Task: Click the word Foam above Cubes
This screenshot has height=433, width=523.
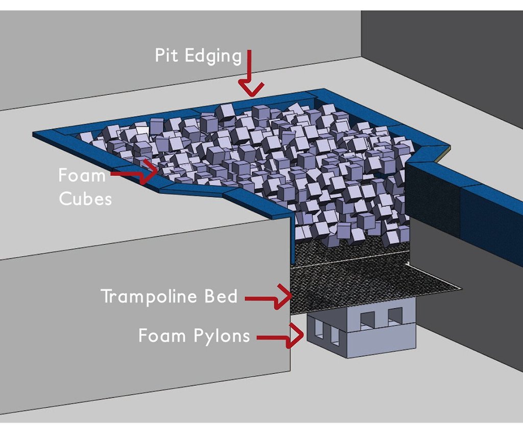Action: (x=82, y=175)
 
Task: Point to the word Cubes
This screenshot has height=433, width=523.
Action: (x=85, y=198)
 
